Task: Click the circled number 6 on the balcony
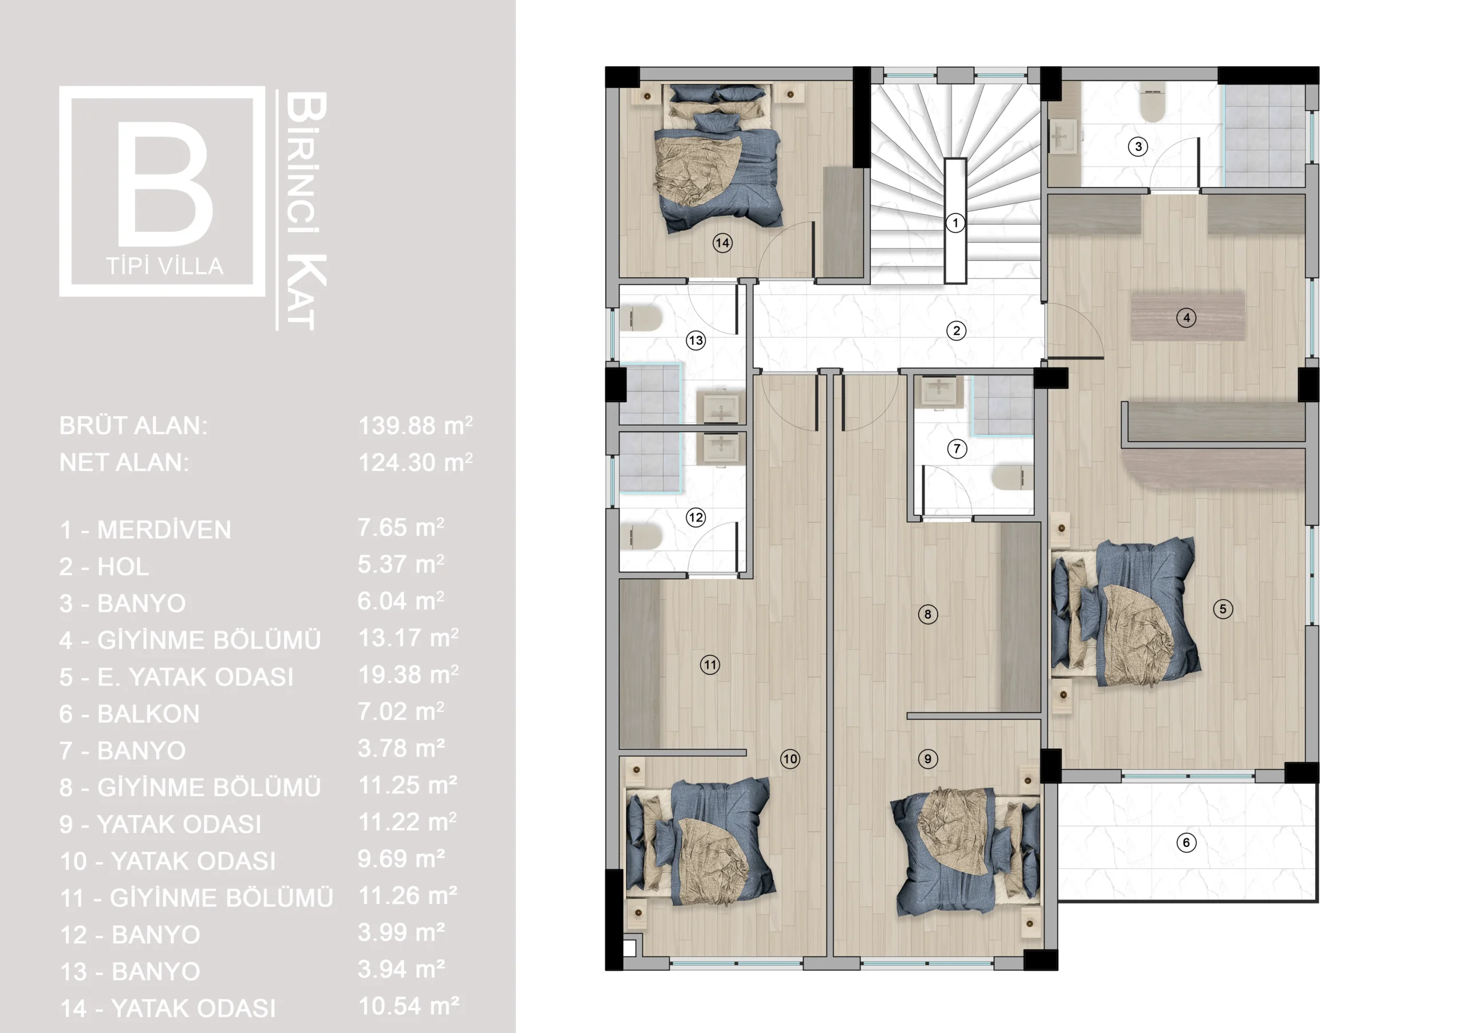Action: click(1186, 843)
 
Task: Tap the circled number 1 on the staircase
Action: click(954, 223)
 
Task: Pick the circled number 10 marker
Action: click(790, 758)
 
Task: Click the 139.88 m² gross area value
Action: click(415, 425)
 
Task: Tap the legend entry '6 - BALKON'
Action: click(129, 714)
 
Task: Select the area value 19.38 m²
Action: click(408, 675)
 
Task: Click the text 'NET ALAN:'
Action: click(124, 463)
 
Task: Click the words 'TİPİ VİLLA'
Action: click(165, 266)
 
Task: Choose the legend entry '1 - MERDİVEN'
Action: click(145, 530)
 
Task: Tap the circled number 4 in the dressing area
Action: click(1186, 317)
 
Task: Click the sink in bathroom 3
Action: click(1062, 136)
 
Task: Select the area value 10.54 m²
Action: click(408, 1006)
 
